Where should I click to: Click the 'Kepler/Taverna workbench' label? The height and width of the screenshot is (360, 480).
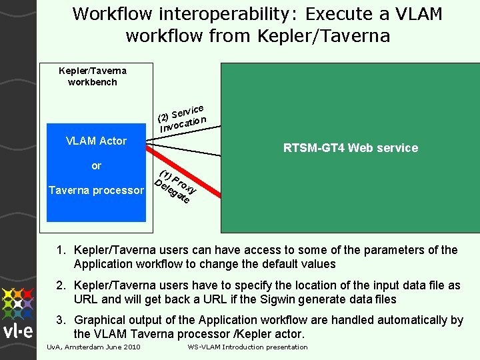pyautogui.click(x=93, y=76)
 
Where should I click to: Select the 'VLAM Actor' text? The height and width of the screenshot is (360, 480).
pyautogui.click(x=96, y=141)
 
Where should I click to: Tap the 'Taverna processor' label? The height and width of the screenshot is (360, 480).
pyautogui.click(x=96, y=191)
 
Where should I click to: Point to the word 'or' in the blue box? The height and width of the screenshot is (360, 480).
pyautogui.click(x=96, y=165)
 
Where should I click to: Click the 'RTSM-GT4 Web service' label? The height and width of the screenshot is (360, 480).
pyautogui.click(x=351, y=148)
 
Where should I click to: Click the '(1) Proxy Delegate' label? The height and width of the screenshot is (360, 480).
pyautogui.click(x=175, y=187)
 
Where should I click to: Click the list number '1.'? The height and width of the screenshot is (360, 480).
pyautogui.click(x=61, y=251)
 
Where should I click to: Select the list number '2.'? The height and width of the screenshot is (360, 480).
pyautogui.click(x=61, y=286)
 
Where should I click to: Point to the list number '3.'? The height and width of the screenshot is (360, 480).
pyautogui.click(x=61, y=321)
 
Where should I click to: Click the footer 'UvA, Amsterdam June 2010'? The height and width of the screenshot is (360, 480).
pyautogui.click(x=93, y=347)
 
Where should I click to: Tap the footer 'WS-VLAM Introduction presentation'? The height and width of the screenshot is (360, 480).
pyautogui.click(x=247, y=347)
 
